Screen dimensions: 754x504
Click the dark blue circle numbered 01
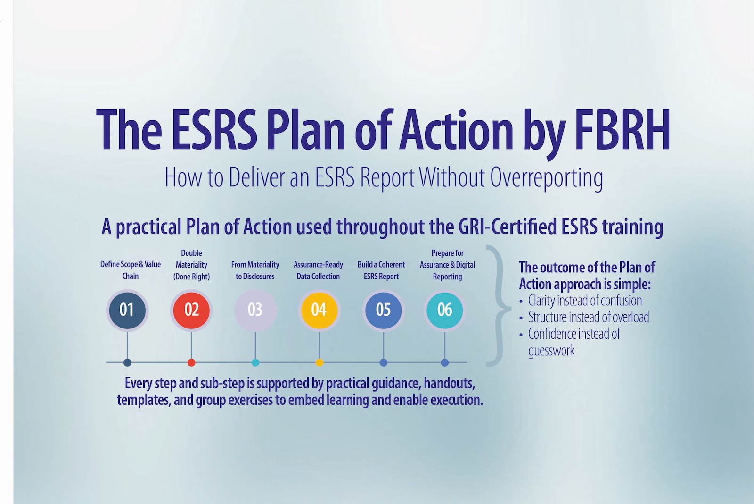[127, 310]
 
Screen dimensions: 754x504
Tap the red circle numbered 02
[191, 310]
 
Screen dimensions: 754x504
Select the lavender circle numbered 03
[255, 310]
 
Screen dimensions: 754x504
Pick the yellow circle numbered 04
[319, 310]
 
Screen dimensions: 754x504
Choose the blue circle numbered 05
[383, 310]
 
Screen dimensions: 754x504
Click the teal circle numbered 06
[444, 310]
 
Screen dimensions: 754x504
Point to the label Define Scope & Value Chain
[130, 270]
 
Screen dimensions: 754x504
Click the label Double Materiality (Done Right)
[191, 265]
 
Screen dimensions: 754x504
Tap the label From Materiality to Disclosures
[255, 270]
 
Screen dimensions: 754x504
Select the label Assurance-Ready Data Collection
[318, 270]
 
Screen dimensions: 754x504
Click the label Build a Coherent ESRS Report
[381, 270]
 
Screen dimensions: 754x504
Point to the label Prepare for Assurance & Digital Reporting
[447, 265]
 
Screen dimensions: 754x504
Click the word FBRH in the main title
[623, 130]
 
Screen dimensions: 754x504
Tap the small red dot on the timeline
[191, 363]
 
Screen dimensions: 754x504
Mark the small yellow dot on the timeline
[319, 363]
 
